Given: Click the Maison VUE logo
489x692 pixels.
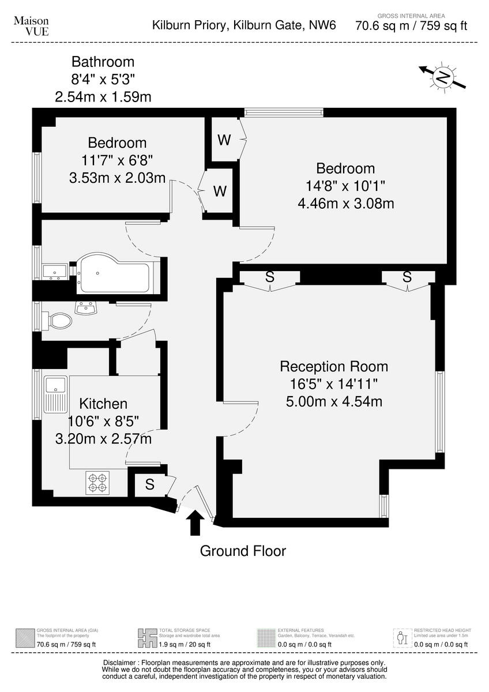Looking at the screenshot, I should coord(31,26).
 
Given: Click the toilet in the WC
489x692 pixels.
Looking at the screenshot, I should coord(60,320).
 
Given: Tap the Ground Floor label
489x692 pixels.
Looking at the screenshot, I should coord(243,551).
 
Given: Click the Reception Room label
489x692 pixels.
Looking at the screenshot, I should coord(334,366).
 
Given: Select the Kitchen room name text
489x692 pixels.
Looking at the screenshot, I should coord(103,404).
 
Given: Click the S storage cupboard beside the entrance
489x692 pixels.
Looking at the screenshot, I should coord(149,485).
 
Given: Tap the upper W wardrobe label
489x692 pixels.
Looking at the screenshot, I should coord(224,140).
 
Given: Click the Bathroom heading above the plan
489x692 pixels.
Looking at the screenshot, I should coord(103,62).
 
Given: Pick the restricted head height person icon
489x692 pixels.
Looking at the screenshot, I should coord(403,638).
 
